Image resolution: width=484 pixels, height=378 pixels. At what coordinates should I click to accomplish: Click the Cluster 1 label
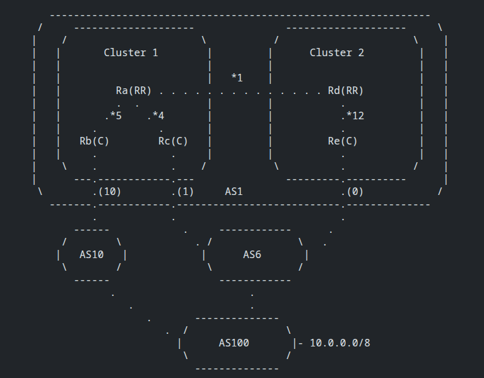[x=131, y=52]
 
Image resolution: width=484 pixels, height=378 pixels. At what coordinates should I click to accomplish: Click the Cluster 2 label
[x=336, y=52]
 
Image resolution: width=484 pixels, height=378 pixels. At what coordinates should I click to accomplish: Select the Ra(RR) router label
[x=133, y=90]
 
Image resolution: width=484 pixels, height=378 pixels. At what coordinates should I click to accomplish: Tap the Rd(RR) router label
[x=345, y=90]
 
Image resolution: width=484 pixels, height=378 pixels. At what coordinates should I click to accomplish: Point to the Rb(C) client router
[x=94, y=141]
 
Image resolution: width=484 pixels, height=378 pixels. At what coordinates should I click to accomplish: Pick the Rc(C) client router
[x=173, y=141]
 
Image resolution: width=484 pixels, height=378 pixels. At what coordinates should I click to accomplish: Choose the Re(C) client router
[x=343, y=141]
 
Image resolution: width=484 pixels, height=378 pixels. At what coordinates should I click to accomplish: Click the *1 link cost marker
[x=237, y=78]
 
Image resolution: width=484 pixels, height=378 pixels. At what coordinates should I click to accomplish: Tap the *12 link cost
[x=355, y=115]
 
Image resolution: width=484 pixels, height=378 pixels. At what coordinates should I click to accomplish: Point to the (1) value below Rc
[x=186, y=191]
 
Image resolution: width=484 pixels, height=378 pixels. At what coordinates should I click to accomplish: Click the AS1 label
[x=233, y=191]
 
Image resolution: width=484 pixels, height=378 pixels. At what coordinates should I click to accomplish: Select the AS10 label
[x=91, y=254]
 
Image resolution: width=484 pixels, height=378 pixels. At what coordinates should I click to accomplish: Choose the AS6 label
[x=252, y=254]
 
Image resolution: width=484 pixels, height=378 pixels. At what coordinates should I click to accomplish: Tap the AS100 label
[x=233, y=343]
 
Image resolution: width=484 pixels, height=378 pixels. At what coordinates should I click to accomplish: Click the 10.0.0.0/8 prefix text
[x=340, y=343]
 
